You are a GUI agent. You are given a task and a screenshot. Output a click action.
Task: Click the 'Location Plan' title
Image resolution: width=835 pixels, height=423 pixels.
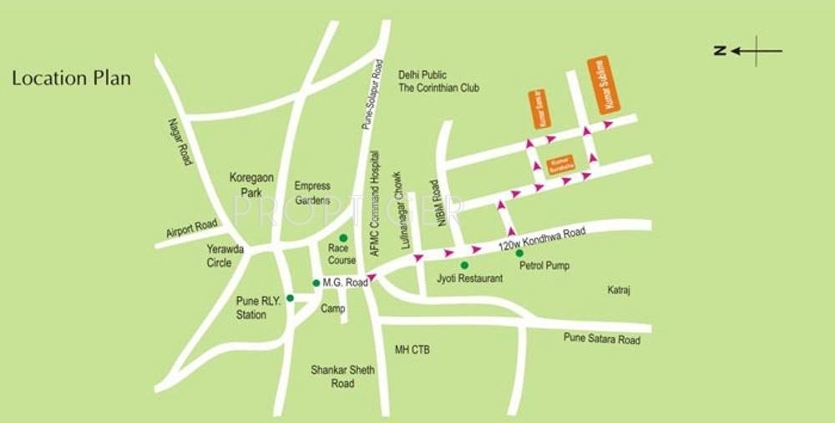tap(71, 79)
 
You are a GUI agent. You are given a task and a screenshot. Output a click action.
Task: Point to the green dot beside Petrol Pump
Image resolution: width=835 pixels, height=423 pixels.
tap(519, 253)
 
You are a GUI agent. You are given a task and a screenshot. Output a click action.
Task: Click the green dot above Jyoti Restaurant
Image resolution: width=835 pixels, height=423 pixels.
tap(464, 265)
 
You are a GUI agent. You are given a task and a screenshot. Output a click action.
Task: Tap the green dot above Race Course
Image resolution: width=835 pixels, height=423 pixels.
tap(342, 238)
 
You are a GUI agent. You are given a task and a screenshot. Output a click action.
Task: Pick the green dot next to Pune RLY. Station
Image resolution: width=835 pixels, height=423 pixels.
tap(290, 298)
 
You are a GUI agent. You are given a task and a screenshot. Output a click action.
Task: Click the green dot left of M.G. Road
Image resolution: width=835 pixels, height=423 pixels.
tap(316, 283)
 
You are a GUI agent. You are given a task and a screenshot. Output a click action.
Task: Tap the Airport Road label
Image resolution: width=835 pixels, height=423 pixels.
tap(191, 227)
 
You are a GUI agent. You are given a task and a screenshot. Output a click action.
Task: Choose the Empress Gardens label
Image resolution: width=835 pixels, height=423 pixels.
tap(312, 192)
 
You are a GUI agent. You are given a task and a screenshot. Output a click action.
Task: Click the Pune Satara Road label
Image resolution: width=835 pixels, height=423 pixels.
tap(602, 340)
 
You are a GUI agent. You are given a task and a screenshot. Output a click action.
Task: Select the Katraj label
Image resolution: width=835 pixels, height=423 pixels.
tap(618, 290)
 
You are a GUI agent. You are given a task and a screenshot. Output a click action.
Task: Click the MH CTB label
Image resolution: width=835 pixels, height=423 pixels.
tap(412, 349)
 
